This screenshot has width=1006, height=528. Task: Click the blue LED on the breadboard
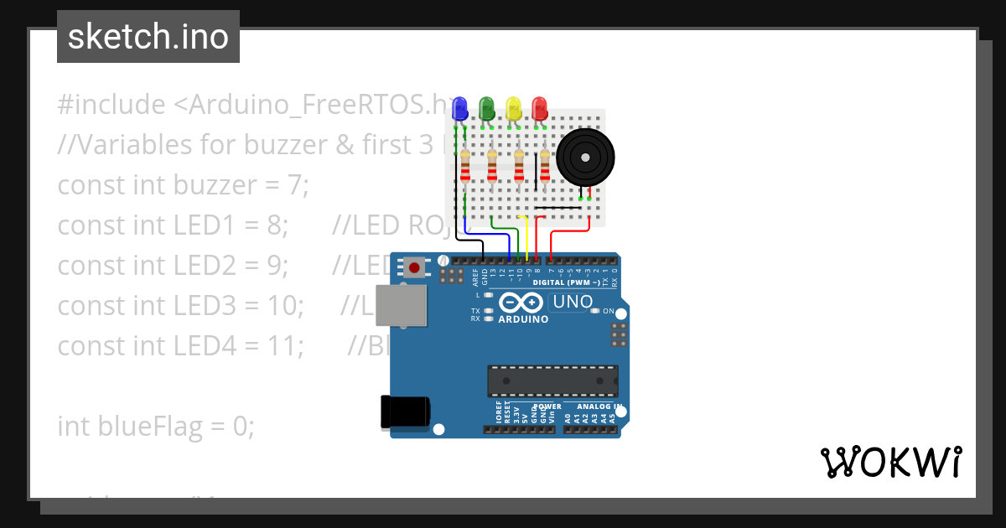pos(459,107)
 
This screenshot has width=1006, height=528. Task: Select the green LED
pos(486,107)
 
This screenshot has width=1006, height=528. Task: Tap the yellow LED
pos(513,107)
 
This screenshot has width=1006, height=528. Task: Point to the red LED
pos(539,107)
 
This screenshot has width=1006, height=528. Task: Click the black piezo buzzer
pos(586,157)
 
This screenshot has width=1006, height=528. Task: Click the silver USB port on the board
pos(402,306)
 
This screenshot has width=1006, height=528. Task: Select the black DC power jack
pos(406,411)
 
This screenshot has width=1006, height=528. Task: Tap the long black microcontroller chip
pos(553,380)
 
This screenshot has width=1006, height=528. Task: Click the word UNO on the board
pos(573,302)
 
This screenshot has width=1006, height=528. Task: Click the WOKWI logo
pos(890,462)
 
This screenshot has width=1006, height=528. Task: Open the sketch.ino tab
pos(148,37)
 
